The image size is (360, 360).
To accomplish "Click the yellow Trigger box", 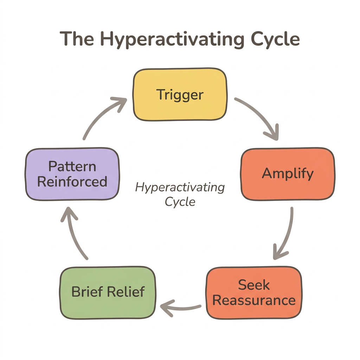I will [180, 95].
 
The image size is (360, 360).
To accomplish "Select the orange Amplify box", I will [288, 174].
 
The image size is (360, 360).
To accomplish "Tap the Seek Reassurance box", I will [254, 293].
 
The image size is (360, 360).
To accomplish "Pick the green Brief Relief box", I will [108, 292].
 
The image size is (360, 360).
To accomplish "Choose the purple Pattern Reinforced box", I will [72, 174].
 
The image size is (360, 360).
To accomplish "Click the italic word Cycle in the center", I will [180, 202].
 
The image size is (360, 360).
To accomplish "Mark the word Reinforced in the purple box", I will [72, 181].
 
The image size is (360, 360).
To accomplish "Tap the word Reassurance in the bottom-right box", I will [254, 300].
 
